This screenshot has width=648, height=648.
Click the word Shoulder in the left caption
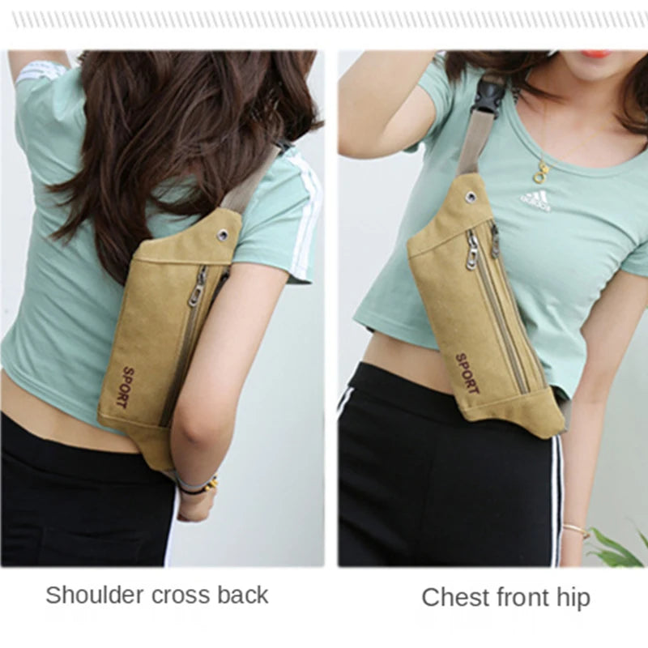[95, 595]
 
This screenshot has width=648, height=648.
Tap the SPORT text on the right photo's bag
[467, 373]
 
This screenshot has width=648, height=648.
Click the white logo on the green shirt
[535, 202]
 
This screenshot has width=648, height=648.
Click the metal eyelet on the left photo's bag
[224, 235]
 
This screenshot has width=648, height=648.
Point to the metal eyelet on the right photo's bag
[470, 195]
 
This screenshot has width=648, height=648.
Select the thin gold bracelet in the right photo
[577, 530]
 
